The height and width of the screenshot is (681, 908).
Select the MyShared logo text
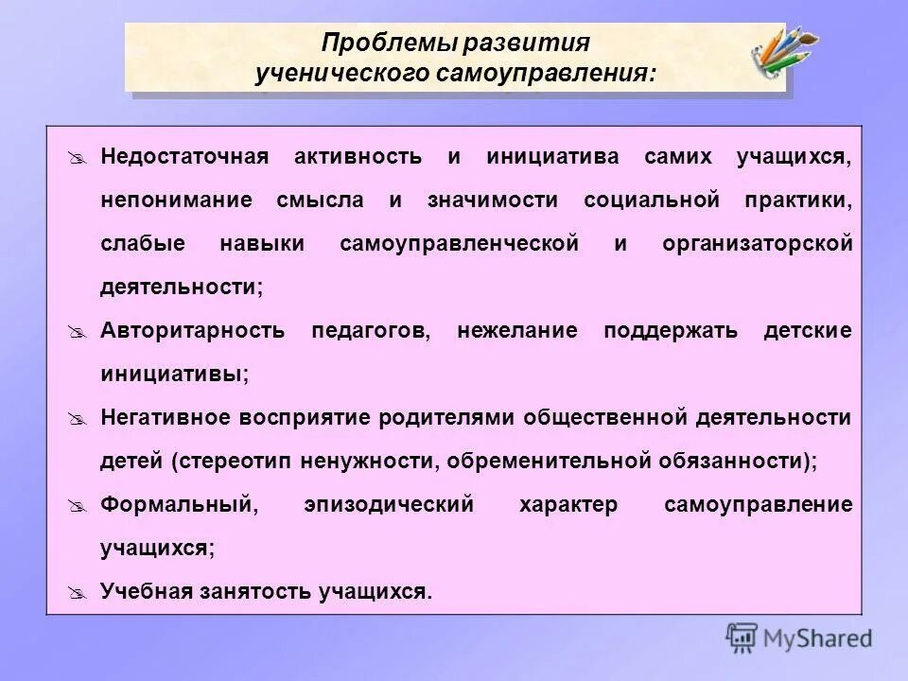click(x=817, y=637)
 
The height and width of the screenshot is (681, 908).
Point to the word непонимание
click(x=177, y=200)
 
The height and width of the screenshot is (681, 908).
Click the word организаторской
click(x=758, y=243)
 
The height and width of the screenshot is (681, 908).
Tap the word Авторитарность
click(x=192, y=331)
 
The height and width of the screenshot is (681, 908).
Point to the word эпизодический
click(x=389, y=504)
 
